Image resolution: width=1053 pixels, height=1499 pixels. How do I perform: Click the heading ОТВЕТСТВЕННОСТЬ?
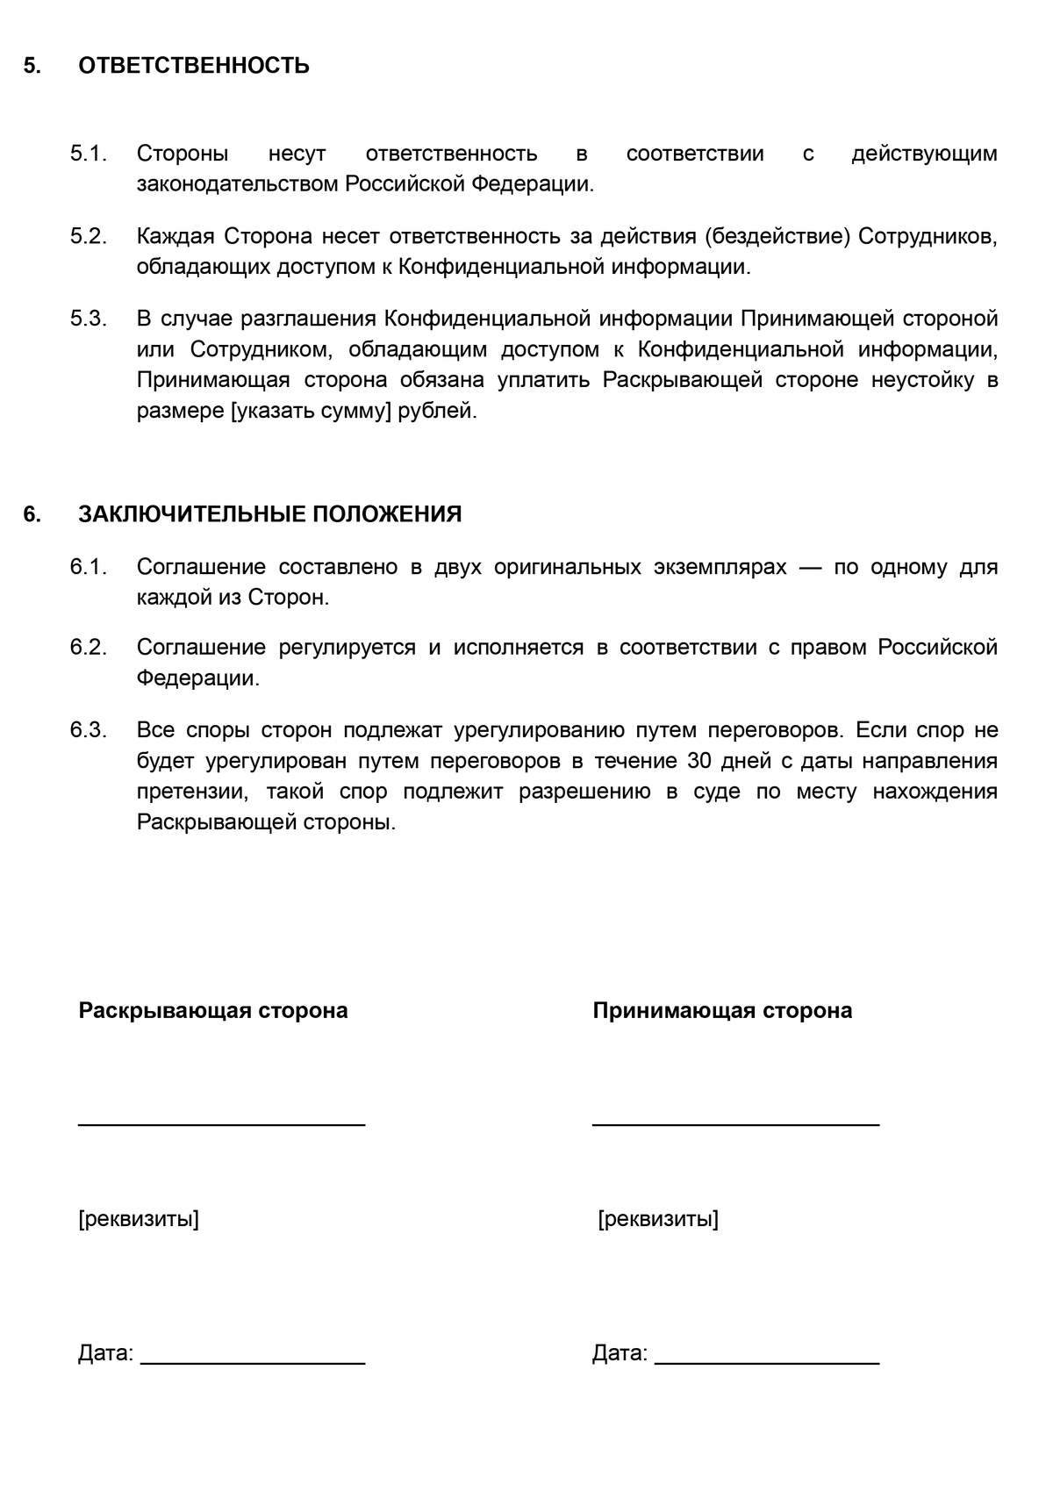coord(193,66)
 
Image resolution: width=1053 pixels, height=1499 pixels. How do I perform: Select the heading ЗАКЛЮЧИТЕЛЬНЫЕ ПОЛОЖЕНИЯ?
coord(269,514)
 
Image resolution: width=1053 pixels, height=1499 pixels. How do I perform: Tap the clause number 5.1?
coord(88,154)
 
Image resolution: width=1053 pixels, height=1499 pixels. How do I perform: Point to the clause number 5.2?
coord(88,237)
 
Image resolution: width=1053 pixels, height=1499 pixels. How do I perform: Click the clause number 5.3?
coord(88,319)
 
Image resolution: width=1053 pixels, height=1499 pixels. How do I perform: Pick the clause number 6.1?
coord(88,567)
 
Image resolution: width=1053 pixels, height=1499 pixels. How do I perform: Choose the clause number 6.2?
coord(88,648)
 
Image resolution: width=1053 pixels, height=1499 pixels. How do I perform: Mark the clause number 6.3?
coord(88,730)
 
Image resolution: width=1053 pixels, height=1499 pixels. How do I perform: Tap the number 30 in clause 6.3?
coord(700,761)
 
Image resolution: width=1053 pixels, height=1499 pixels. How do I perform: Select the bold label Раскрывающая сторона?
coord(213,1011)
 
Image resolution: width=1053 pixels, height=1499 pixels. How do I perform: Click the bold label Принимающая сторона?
coord(722,1011)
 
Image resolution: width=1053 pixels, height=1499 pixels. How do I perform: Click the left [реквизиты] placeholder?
coord(139,1219)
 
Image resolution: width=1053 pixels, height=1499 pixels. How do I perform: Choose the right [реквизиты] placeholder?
coord(658,1219)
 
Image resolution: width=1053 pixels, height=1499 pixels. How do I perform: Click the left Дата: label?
coord(105,1353)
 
